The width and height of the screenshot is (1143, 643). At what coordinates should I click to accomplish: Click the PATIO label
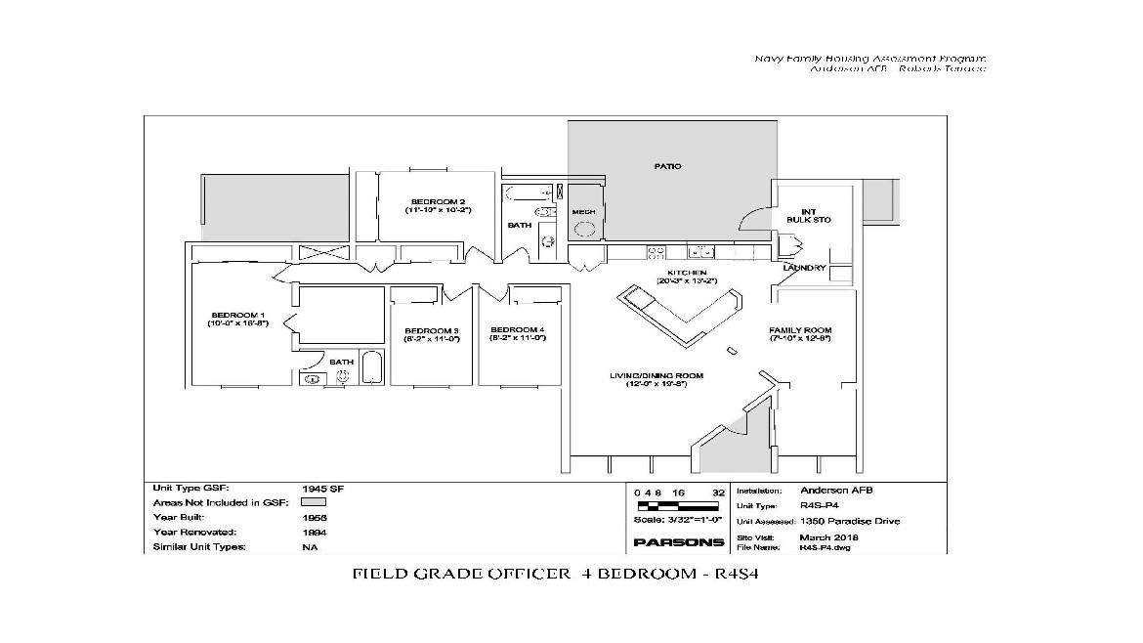[667, 166]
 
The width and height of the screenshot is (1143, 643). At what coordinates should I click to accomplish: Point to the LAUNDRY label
[804, 268]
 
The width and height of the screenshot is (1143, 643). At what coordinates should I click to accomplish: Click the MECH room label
[583, 211]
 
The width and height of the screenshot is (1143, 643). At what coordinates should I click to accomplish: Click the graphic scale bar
[678, 506]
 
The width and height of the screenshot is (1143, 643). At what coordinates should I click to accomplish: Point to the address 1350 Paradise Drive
[850, 521]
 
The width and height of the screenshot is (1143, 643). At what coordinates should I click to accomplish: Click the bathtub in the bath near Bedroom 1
[372, 369]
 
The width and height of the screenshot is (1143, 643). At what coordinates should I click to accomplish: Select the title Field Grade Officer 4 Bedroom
[555, 574]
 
